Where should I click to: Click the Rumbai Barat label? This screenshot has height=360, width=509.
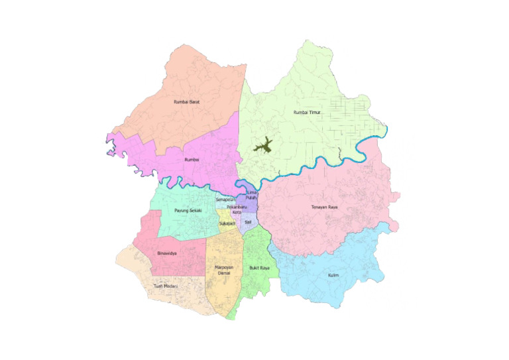click(186, 102)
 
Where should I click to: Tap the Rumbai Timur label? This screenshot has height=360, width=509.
click(307, 113)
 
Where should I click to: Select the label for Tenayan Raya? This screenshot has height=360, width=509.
click(325, 208)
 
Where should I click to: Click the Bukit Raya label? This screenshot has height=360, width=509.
click(259, 268)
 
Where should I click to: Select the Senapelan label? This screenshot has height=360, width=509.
click(226, 198)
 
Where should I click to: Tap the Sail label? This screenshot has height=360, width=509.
click(247, 222)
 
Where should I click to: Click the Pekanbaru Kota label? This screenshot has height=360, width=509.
click(237, 210)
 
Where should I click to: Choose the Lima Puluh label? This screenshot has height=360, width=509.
click(251, 194)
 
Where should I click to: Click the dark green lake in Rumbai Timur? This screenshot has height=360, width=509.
click(264, 147)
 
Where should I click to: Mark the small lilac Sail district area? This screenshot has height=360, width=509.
click(249, 227)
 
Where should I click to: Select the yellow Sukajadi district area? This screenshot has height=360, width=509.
click(225, 217)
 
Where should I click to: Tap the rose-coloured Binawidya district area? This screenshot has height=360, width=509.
click(176, 262)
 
